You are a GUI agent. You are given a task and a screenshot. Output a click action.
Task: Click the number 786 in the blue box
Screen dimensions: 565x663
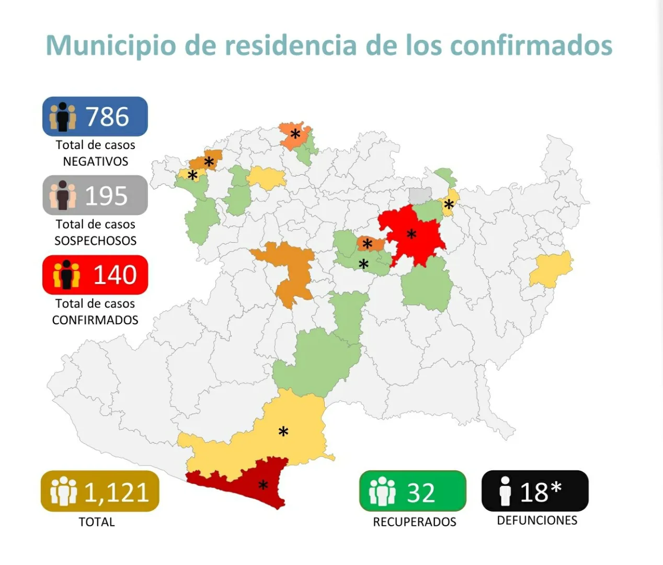(x=107, y=117)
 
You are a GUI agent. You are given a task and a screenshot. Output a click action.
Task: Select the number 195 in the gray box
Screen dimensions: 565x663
(x=106, y=196)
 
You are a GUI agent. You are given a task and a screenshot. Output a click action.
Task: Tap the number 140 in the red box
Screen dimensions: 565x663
(x=115, y=275)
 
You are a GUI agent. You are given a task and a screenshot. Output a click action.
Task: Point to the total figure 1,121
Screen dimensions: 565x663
(x=116, y=492)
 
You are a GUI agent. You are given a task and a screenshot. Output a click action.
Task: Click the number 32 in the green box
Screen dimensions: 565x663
(x=421, y=493)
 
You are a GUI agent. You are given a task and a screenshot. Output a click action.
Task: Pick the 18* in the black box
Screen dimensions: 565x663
(x=541, y=492)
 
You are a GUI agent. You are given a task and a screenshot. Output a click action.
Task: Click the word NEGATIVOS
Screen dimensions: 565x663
(x=96, y=162)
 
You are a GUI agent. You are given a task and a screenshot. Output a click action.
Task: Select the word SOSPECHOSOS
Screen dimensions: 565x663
(x=96, y=241)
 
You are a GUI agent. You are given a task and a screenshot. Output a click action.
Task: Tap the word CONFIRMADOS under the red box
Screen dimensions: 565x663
(x=95, y=320)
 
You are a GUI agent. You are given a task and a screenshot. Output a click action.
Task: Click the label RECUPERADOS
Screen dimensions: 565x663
(x=415, y=522)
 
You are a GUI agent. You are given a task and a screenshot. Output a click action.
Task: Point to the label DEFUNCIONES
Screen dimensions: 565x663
(x=537, y=521)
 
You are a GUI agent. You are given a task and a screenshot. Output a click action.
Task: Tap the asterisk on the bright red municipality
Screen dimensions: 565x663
(x=411, y=234)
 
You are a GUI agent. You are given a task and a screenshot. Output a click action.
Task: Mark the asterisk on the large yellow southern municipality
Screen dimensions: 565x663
(x=283, y=432)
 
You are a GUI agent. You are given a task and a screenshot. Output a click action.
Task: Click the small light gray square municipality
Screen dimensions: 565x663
(x=420, y=195)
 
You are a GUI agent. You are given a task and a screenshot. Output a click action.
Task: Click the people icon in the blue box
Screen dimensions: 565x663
(x=63, y=117)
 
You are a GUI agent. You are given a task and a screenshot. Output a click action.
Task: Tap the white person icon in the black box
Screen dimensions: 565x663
(x=505, y=491)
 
